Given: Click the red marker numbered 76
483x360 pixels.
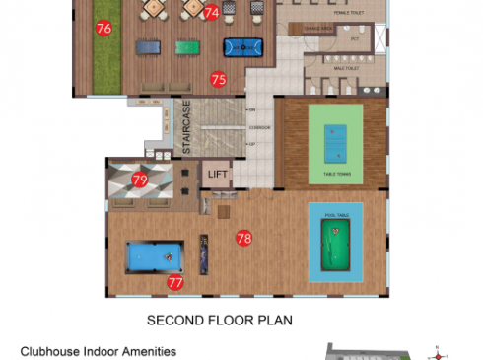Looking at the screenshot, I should [103, 29].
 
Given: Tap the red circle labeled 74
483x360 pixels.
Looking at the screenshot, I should [212, 12].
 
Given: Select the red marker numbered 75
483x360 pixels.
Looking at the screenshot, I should [218, 79].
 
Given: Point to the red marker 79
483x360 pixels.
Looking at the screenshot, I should [140, 180].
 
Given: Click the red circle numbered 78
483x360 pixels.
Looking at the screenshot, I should [244, 238].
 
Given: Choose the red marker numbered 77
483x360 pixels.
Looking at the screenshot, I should [175, 283].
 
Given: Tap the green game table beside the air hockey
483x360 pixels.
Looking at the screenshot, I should [188, 45].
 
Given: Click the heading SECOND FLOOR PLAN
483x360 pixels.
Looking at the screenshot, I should [220, 320].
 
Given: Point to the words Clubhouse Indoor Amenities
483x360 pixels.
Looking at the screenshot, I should [99, 351].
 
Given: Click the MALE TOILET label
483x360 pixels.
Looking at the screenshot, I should [346, 70].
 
